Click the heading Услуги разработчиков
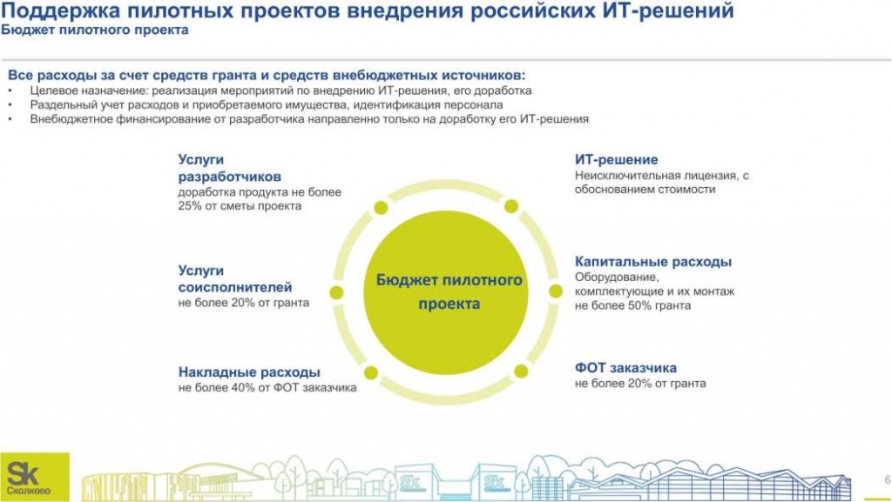pos(218,168)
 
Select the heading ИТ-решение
pos(616,160)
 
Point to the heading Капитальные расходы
pos(652,261)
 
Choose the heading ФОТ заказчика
pos(625,367)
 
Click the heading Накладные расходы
pos(249,371)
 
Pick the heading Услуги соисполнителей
pos(234,278)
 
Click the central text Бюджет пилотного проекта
pos(449,292)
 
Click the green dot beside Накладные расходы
pos(370,372)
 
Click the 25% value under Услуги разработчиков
pos(190,206)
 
